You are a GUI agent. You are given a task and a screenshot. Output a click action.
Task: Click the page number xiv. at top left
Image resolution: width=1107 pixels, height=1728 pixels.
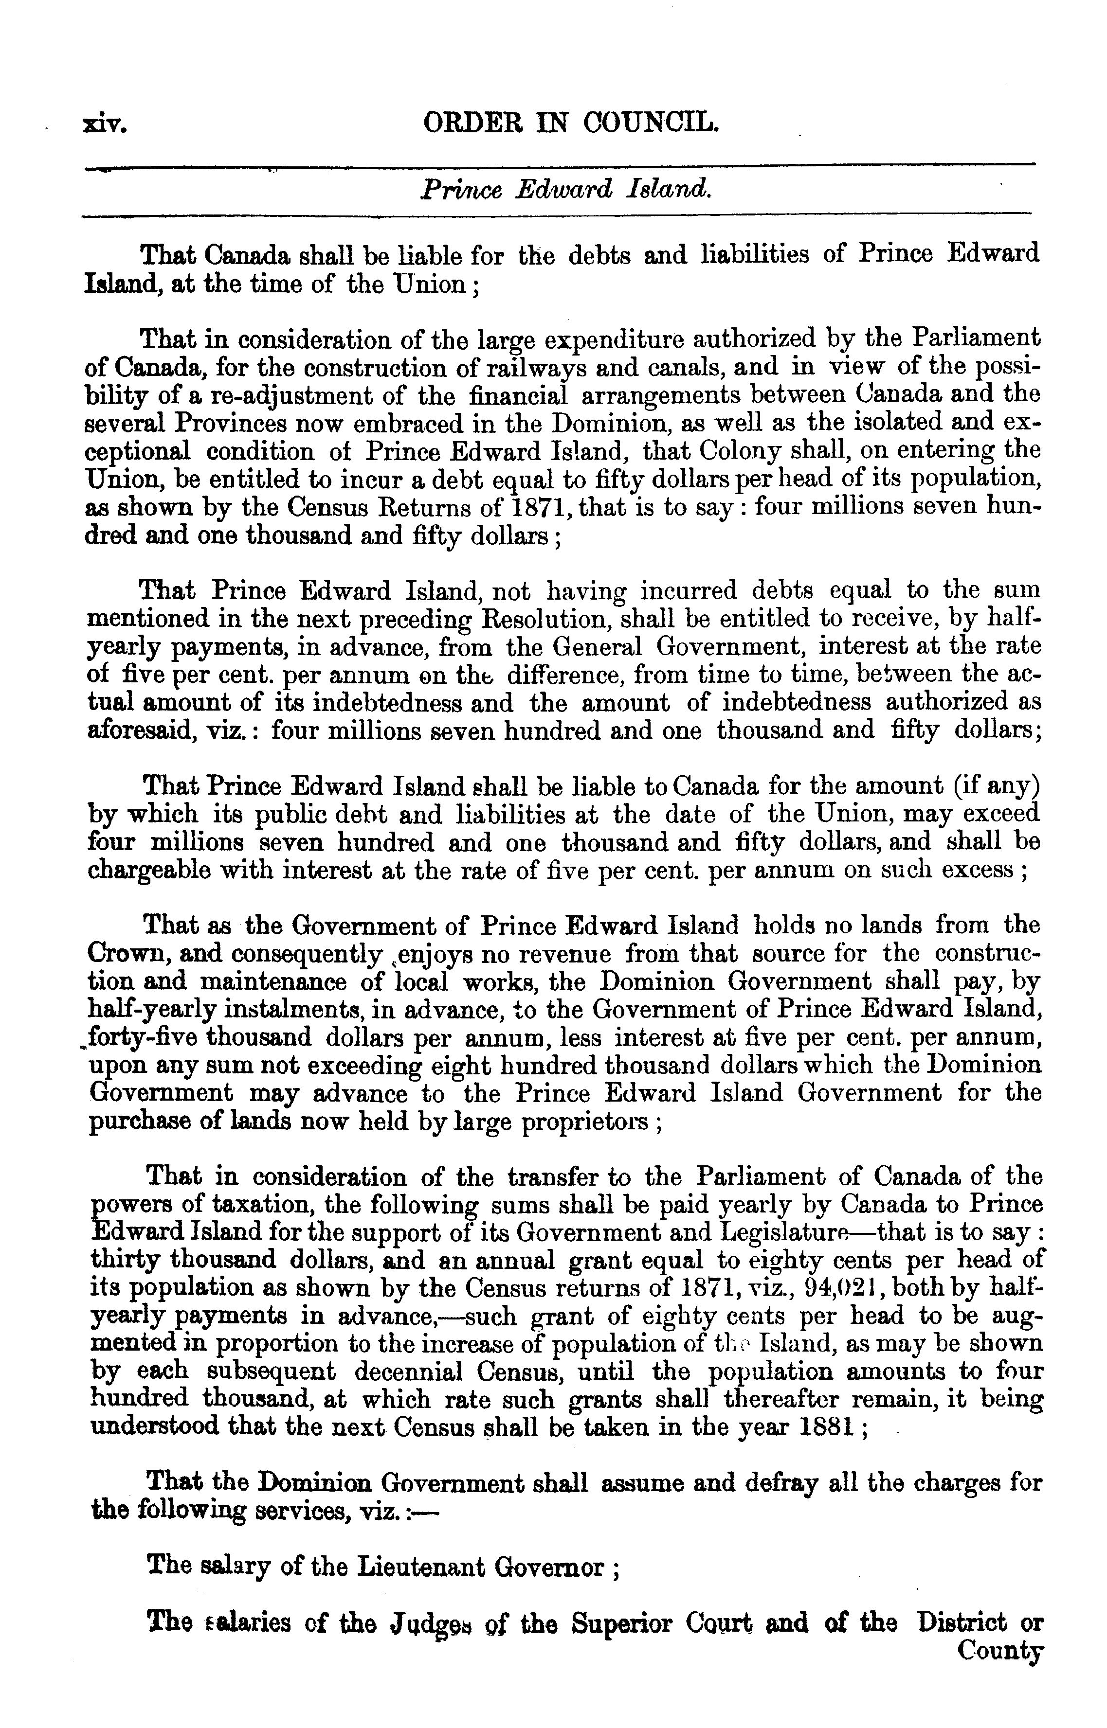point(105,126)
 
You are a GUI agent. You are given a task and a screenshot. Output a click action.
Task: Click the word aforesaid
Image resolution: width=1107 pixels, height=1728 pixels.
point(137,730)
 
